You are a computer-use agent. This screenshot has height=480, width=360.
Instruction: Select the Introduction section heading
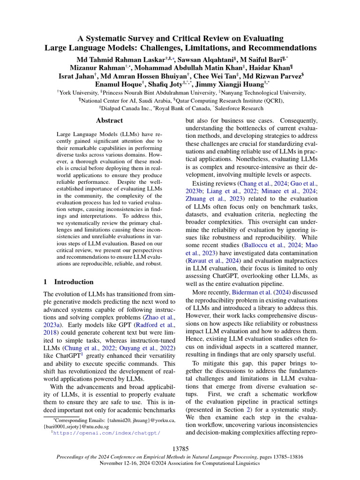74,282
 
